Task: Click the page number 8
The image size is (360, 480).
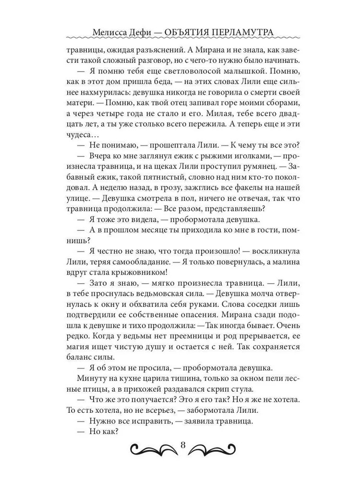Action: pos(182,444)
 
